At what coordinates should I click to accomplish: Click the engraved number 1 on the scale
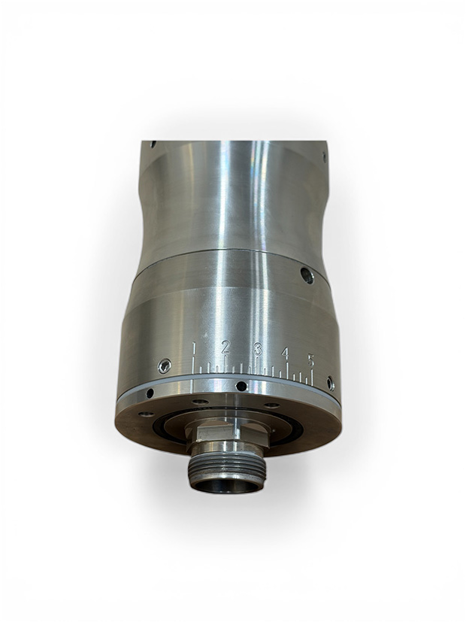tap(194, 347)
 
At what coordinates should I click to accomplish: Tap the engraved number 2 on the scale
tap(225, 347)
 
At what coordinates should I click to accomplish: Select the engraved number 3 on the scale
tap(258, 349)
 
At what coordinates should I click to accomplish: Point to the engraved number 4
tap(286, 353)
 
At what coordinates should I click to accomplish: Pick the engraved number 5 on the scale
tap(310, 360)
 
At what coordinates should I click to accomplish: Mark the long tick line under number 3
tap(257, 366)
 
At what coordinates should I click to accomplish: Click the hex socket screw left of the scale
tap(165, 366)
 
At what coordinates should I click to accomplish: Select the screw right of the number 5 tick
tap(331, 383)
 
